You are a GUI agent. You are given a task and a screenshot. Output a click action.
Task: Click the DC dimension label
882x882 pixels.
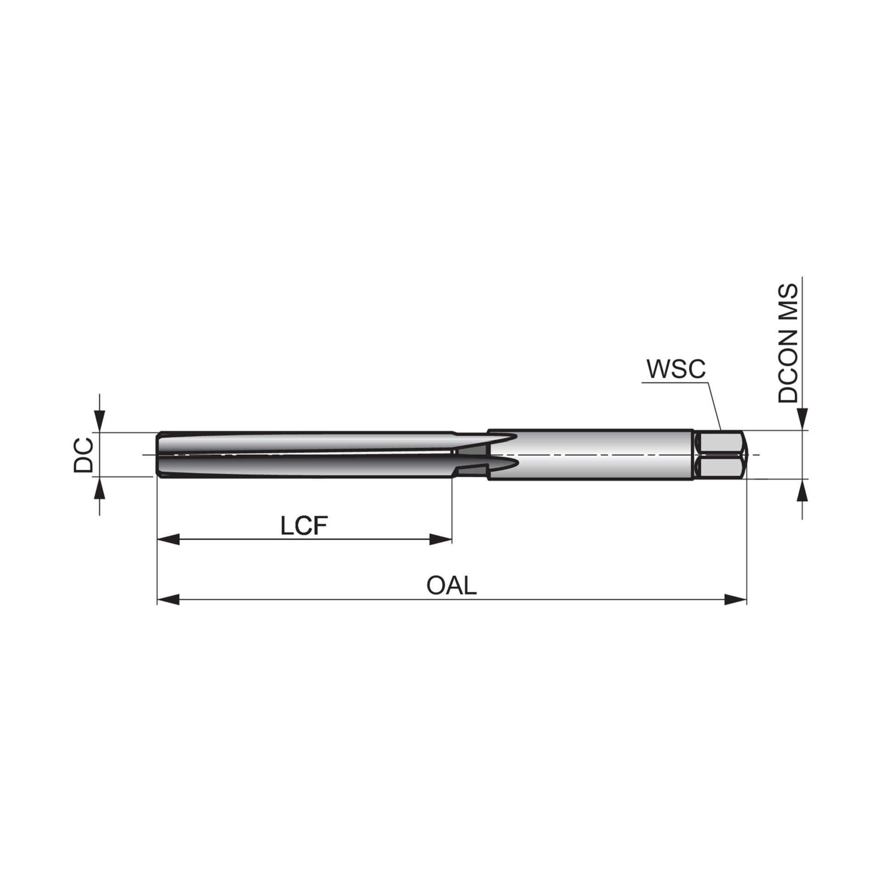(x=84, y=455)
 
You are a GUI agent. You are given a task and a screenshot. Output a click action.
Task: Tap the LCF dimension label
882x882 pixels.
(x=304, y=526)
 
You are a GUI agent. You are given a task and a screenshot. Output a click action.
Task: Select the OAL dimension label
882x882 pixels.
(x=452, y=586)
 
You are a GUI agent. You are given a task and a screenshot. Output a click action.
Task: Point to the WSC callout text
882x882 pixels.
(x=675, y=369)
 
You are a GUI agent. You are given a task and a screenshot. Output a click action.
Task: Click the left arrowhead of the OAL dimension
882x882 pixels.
(x=168, y=599)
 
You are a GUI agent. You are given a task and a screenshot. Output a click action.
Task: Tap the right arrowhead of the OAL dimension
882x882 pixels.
(x=735, y=599)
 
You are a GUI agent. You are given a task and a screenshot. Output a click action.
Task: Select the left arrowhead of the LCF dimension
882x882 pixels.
(x=168, y=540)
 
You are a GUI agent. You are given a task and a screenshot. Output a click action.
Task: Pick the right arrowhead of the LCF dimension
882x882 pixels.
(x=441, y=540)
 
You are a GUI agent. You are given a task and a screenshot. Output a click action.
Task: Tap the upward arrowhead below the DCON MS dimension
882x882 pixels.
(x=803, y=490)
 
